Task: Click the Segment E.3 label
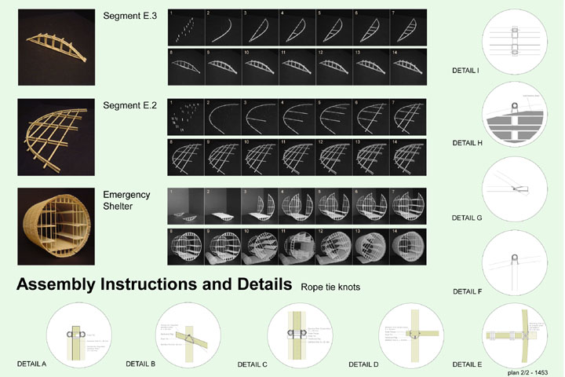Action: pyautogui.click(x=131, y=16)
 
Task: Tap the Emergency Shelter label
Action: pyautogui.click(x=126, y=200)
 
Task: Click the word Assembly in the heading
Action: pyautogui.click(x=64, y=286)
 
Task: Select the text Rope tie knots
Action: pyautogui.click(x=330, y=287)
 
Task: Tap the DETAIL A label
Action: pyautogui.click(x=32, y=364)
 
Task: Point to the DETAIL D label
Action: pyautogui.click(x=364, y=364)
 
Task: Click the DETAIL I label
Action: pyautogui.click(x=466, y=71)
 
